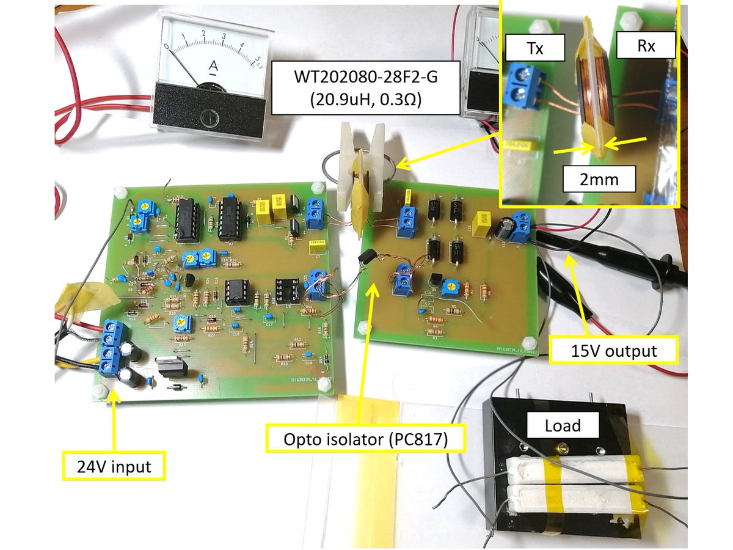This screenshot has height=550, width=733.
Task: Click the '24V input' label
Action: [114, 467]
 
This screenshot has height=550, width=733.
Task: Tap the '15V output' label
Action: [613, 350]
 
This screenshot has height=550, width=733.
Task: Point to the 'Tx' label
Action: [533, 46]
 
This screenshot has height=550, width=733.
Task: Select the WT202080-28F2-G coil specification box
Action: [365, 89]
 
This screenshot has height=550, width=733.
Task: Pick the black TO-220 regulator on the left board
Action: [172, 367]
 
